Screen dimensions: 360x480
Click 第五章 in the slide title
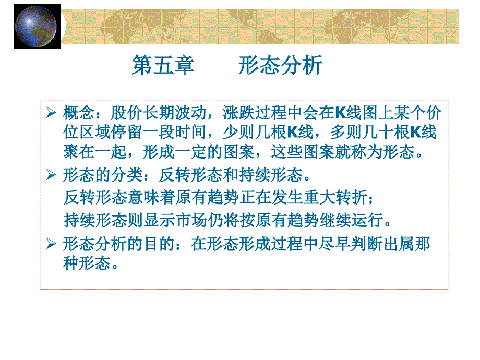163,66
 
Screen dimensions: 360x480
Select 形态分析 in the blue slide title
281,66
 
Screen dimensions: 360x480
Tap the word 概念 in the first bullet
77,113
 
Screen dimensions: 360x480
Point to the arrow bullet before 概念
51,113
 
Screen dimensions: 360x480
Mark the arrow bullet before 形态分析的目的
51,244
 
